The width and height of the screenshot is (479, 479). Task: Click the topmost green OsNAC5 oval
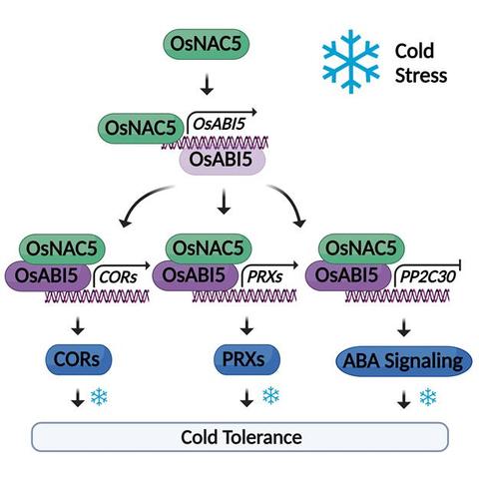click(206, 44)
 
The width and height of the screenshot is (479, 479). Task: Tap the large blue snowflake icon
click(350, 62)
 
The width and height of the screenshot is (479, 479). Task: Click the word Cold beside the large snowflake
click(414, 51)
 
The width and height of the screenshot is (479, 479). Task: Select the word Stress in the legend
click(421, 75)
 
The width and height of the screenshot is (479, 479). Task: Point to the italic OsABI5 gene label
click(219, 125)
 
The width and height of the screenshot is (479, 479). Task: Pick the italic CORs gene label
click(118, 276)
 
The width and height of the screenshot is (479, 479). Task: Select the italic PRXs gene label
click(264, 276)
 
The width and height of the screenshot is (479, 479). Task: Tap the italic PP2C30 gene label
click(427, 276)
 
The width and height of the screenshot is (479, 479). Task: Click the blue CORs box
click(78, 359)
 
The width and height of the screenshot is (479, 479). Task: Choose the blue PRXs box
click(246, 359)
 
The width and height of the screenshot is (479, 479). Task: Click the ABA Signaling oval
click(404, 361)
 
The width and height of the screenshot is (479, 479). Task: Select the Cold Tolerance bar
click(239, 437)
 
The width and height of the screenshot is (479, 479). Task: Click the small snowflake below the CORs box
click(99, 396)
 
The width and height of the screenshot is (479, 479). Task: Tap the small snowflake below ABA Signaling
click(428, 397)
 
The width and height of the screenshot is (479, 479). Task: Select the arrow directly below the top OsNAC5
click(207, 85)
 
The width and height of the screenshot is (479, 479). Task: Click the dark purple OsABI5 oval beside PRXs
click(196, 275)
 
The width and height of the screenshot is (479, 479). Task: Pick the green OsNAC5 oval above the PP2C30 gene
click(361, 248)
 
